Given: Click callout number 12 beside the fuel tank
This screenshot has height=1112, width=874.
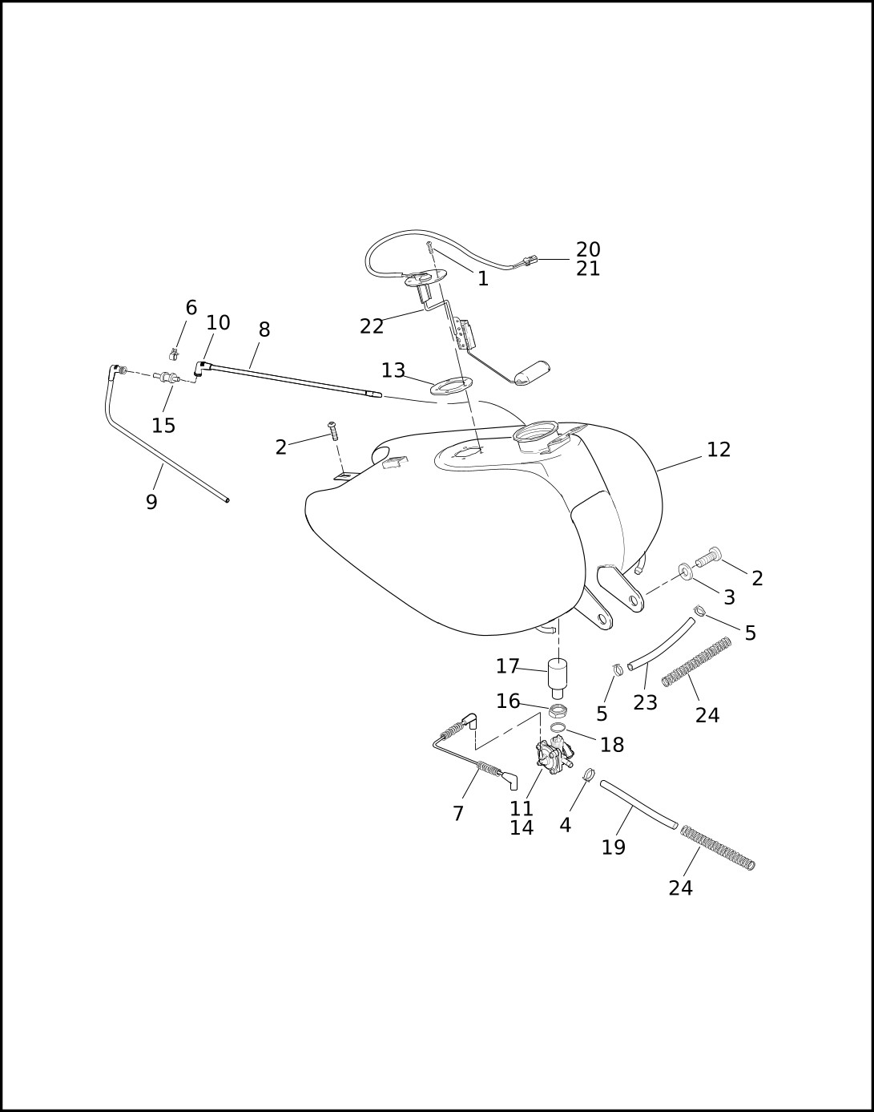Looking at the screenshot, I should pyautogui.click(x=719, y=450).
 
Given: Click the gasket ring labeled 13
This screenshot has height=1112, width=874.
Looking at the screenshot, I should pyautogui.click(x=451, y=386).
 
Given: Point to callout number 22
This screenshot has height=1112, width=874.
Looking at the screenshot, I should pyautogui.click(x=372, y=327).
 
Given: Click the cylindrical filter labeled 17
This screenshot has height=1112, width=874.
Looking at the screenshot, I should pyautogui.click(x=558, y=674).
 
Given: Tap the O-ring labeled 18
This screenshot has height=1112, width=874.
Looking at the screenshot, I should pyautogui.click(x=558, y=727).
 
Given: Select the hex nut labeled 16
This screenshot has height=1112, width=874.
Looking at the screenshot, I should pyautogui.click(x=558, y=710).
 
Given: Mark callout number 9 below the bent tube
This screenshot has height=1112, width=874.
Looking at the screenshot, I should pyautogui.click(x=151, y=503).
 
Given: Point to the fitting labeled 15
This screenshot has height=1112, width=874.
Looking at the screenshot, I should pyautogui.click(x=168, y=377).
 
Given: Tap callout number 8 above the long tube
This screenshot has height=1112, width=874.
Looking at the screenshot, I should pyautogui.click(x=264, y=330).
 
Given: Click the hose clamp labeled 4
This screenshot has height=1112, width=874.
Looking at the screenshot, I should pyautogui.click(x=588, y=775).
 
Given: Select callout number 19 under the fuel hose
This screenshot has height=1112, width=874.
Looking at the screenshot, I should pyautogui.click(x=614, y=847).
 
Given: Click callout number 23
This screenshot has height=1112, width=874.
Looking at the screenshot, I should pyautogui.click(x=645, y=703).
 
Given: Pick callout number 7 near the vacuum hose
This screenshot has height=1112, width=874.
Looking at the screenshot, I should pyautogui.click(x=458, y=814).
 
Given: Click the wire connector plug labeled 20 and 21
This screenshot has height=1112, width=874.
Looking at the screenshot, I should pyautogui.click(x=525, y=260).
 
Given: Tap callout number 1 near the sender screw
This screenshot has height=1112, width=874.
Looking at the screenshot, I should pyautogui.click(x=483, y=279).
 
